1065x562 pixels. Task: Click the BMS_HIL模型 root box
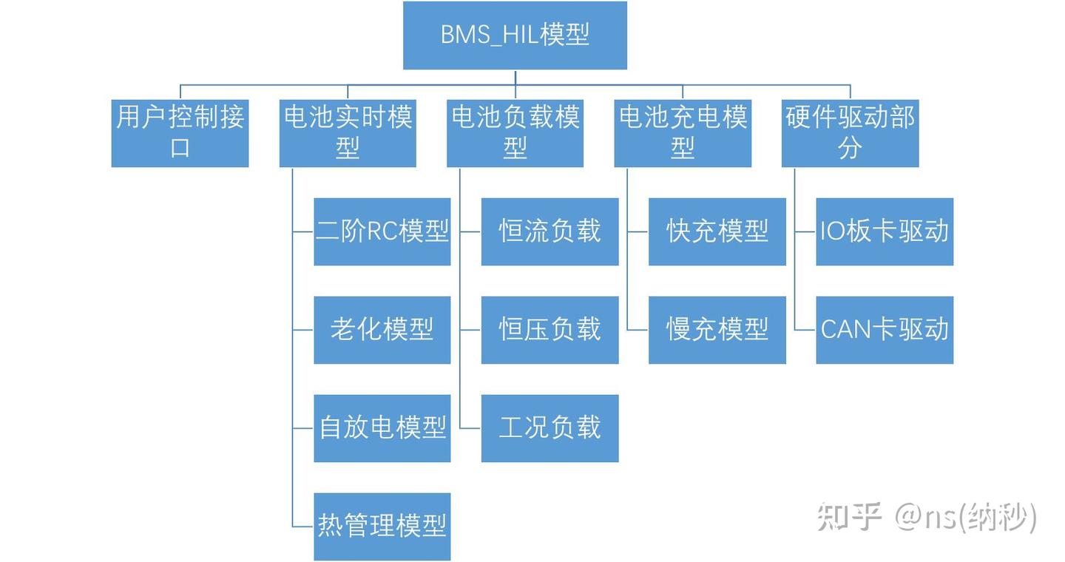(515, 35)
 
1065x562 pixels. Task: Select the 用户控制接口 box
(180, 133)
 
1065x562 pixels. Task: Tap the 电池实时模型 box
(348, 133)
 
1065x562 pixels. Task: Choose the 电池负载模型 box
(515, 133)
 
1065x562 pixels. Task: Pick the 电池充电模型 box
(683, 133)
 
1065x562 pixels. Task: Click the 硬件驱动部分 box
(850, 133)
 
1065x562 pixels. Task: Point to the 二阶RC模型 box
(382, 231)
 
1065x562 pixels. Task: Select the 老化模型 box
(382, 330)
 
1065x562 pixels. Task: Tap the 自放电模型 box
(382, 428)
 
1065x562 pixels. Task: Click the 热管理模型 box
(382, 527)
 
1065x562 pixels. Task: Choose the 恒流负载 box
(550, 231)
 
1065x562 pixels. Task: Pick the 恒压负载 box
(550, 330)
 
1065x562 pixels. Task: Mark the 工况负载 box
(550, 428)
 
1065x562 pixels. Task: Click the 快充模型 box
(717, 231)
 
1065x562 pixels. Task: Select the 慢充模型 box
(717, 330)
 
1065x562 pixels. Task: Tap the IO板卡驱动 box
(885, 231)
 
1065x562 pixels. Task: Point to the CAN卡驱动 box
(885, 330)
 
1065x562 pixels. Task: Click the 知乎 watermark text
(850, 517)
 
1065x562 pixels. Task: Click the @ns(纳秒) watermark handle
(965, 517)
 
